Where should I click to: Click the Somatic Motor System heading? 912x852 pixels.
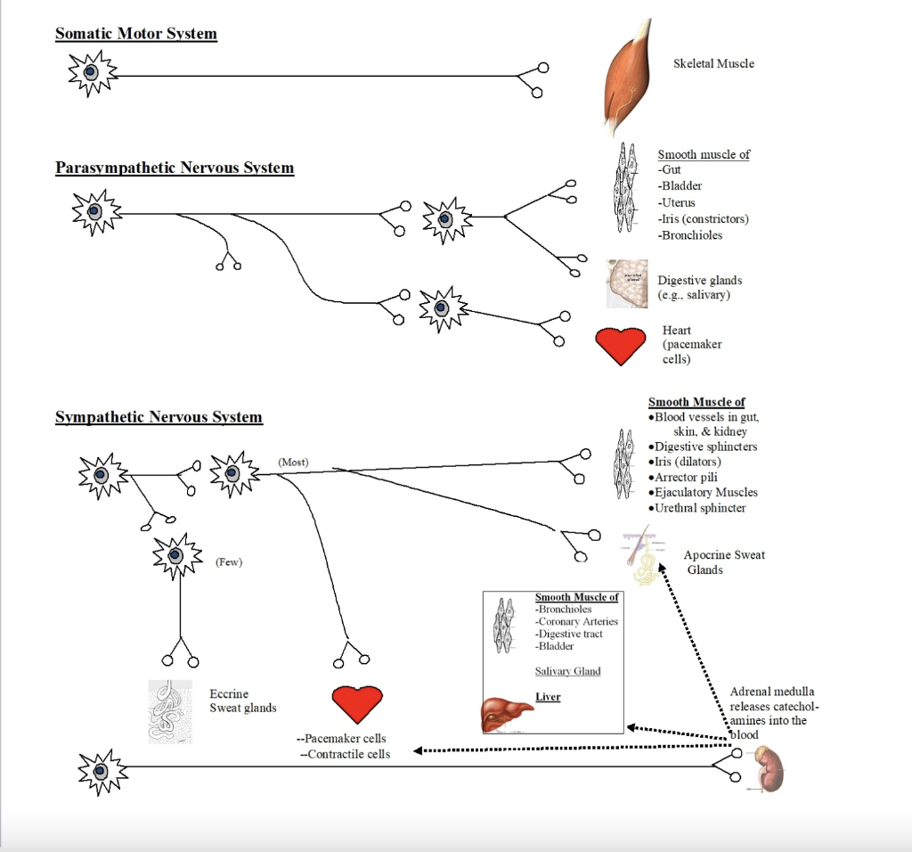click(136, 34)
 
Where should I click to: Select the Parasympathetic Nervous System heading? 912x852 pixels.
click(175, 168)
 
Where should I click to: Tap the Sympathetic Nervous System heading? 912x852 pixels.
click(159, 417)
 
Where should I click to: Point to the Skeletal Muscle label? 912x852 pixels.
click(713, 63)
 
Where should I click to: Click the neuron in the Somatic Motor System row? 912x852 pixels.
click(92, 73)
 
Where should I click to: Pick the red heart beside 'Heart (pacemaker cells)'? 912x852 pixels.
click(620, 345)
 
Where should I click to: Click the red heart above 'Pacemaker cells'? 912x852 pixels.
click(357, 703)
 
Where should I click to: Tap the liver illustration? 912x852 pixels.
click(505, 713)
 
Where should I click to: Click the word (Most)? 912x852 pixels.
click(293, 462)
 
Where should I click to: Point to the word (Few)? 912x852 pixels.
click(229, 561)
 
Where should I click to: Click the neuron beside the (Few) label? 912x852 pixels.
click(176, 556)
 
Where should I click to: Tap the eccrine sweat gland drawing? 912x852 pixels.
click(170, 711)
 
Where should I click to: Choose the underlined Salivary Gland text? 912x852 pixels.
click(567, 671)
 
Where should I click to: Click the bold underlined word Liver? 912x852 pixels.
click(548, 696)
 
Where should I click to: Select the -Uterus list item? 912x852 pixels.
click(677, 202)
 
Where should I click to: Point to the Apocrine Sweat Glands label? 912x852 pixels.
click(723, 562)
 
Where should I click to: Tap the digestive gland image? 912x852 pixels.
click(627, 283)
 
